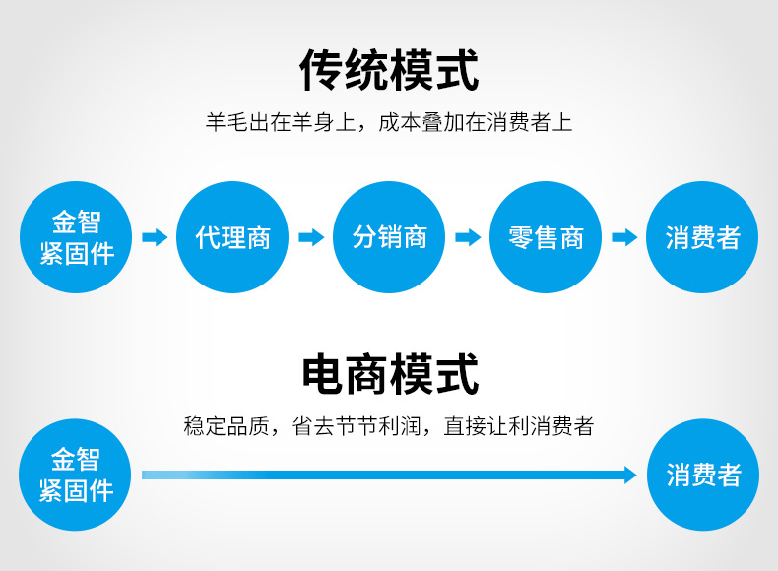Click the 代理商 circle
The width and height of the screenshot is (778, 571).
pyautogui.click(x=232, y=237)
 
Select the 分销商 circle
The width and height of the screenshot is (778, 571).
pyautogui.click(x=389, y=237)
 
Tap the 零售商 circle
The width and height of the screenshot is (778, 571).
pyautogui.click(x=546, y=237)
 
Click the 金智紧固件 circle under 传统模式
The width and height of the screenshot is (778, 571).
pyautogui.click(x=76, y=237)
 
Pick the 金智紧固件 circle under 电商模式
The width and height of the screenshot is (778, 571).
pyautogui.click(x=75, y=475)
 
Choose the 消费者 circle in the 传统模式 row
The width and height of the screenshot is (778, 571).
pyautogui.click(x=702, y=237)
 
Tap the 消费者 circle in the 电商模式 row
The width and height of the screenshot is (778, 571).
pyautogui.click(x=703, y=475)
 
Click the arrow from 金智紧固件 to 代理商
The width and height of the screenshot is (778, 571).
pyautogui.click(x=155, y=237)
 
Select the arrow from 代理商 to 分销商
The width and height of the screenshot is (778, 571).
pyautogui.click(x=311, y=237)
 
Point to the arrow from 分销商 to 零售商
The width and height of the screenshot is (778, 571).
pyautogui.click(x=468, y=237)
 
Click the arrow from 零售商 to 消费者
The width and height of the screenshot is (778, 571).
pyautogui.click(x=624, y=237)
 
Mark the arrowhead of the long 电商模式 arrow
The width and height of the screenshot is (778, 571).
pyautogui.click(x=630, y=476)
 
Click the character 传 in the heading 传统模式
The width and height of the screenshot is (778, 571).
pyautogui.click(x=321, y=70)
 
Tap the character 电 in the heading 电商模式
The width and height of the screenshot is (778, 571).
pyautogui.click(x=323, y=374)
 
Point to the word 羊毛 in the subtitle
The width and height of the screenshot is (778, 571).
pyautogui.click(x=227, y=122)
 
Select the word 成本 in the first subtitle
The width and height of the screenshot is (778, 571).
pyautogui.click(x=400, y=122)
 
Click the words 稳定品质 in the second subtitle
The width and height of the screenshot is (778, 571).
pyautogui.click(x=227, y=426)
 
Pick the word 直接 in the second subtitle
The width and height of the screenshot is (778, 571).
pyautogui.click(x=465, y=426)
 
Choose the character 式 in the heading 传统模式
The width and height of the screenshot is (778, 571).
pyautogui.click(x=457, y=70)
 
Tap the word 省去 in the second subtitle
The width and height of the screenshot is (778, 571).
pyautogui.click(x=313, y=426)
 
